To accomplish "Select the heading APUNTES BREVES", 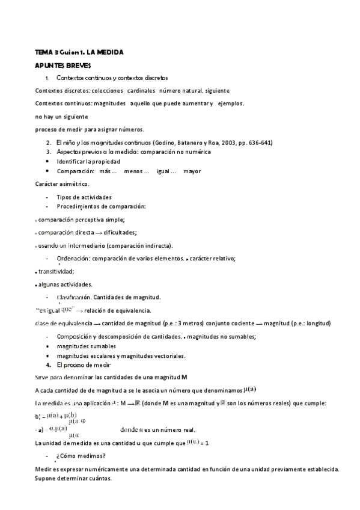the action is click(63, 64).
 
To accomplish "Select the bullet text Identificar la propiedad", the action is click(88, 161).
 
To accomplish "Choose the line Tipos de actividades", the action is click(84, 197).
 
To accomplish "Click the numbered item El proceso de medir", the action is click(84, 364).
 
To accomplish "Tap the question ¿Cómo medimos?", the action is click(81, 456).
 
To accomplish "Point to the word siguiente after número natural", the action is click(216, 91).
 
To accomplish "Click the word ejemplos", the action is click(231, 103).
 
